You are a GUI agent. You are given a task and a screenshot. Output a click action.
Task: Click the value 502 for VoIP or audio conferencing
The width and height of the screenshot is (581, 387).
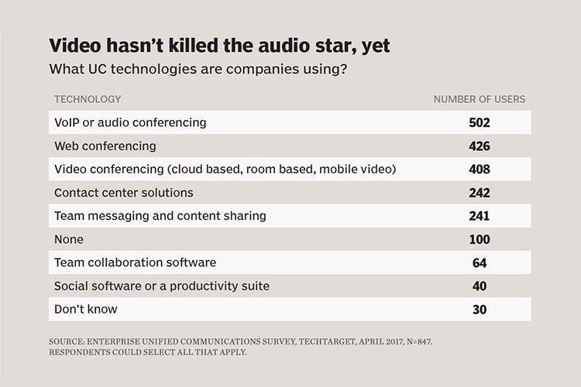480,122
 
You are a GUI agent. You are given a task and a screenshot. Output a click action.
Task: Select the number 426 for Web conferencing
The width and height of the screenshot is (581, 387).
480,146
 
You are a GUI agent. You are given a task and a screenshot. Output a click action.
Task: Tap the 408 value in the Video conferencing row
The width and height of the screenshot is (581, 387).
480,169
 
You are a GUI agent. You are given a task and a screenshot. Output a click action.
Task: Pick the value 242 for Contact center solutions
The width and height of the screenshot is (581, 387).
480,192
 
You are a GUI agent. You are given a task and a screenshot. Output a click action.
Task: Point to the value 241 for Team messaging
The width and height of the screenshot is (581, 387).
480,216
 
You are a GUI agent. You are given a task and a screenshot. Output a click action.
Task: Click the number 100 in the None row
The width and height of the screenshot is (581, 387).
480,239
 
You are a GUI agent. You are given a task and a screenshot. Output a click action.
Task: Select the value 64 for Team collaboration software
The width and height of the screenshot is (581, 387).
480,262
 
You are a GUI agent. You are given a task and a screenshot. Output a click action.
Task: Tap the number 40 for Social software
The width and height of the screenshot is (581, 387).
480,286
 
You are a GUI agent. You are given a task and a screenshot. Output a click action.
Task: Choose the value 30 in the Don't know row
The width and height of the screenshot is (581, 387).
480,310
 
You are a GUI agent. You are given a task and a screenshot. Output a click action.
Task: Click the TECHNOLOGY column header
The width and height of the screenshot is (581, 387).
88,99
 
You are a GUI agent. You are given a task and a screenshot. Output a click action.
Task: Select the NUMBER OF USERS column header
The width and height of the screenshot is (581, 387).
479,99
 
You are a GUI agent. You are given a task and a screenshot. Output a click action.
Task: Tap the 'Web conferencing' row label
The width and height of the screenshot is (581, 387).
105,146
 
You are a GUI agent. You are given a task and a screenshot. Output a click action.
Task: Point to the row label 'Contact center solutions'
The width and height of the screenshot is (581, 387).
123,192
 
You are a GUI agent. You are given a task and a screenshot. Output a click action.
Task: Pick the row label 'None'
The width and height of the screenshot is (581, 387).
69,239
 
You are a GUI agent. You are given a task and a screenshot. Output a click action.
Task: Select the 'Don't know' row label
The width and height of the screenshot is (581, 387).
85,310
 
